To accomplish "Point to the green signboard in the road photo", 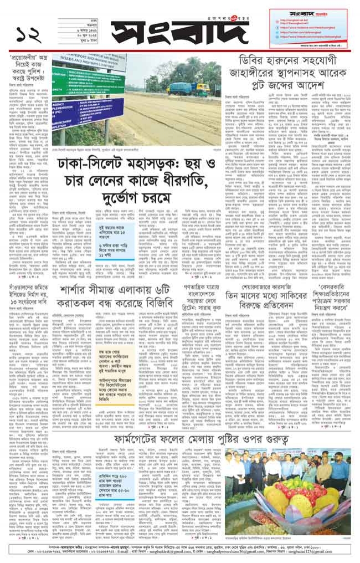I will (x=83, y=86).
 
